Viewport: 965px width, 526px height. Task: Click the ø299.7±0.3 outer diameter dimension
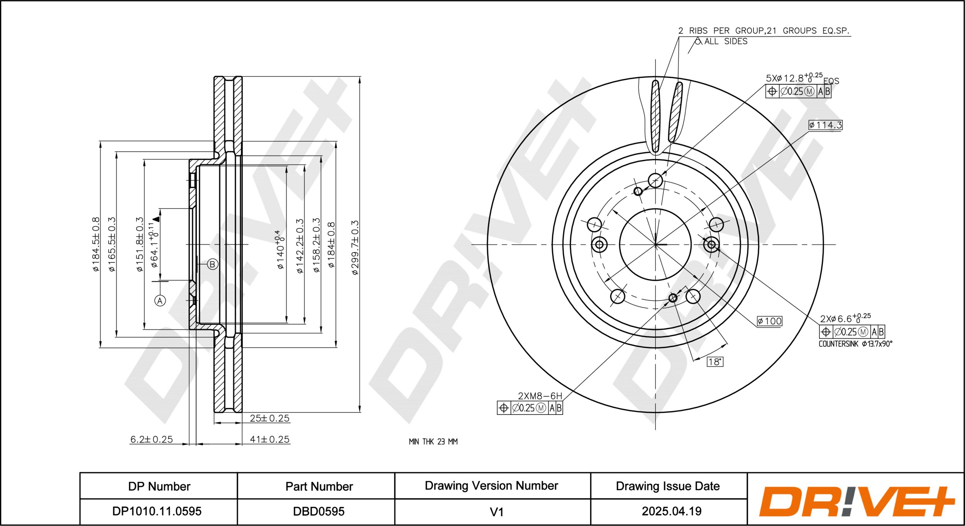pyautogui.click(x=355, y=247)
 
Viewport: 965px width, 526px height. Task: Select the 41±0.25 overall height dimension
pyautogui.click(x=269, y=439)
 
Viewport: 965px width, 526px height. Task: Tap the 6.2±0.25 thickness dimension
pyautogui.click(x=151, y=439)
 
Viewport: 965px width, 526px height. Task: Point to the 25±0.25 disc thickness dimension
pyautogui.click(x=269, y=418)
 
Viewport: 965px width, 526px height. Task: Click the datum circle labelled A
pyautogui.click(x=160, y=301)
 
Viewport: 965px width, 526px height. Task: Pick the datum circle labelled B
pyautogui.click(x=212, y=264)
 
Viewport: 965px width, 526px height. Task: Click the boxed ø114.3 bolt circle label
pyautogui.click(x=825, y=125)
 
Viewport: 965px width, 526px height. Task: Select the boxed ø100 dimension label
pyautogui.click(x=770, y=321)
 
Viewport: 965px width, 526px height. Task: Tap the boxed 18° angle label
pyautogui.click(x=715, y=362)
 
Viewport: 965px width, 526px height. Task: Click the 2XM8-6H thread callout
pyautogui.click(x=540, y=396)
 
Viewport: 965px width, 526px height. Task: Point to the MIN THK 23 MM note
pyautogui.click(x=433, y=441)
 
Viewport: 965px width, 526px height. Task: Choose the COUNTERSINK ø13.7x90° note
pyautogui.click(x=855, y=344)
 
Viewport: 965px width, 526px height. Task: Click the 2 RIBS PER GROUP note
pyautogui.click(x=764, y=31)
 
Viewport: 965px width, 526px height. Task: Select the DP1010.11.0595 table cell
pyautogui.click(x=157, y=511)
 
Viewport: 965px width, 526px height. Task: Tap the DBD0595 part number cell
pyautogui.click(x=318, y=511)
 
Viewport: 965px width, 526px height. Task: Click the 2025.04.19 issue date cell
pyautogui.click(x=671, y=511)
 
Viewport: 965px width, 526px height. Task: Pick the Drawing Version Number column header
pyautogui.click(x=491, y=486)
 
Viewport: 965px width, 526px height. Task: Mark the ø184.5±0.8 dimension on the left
pyautogui.click(x=96, y=244)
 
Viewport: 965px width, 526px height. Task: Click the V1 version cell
pyautogui.click(x=496, y=512)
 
